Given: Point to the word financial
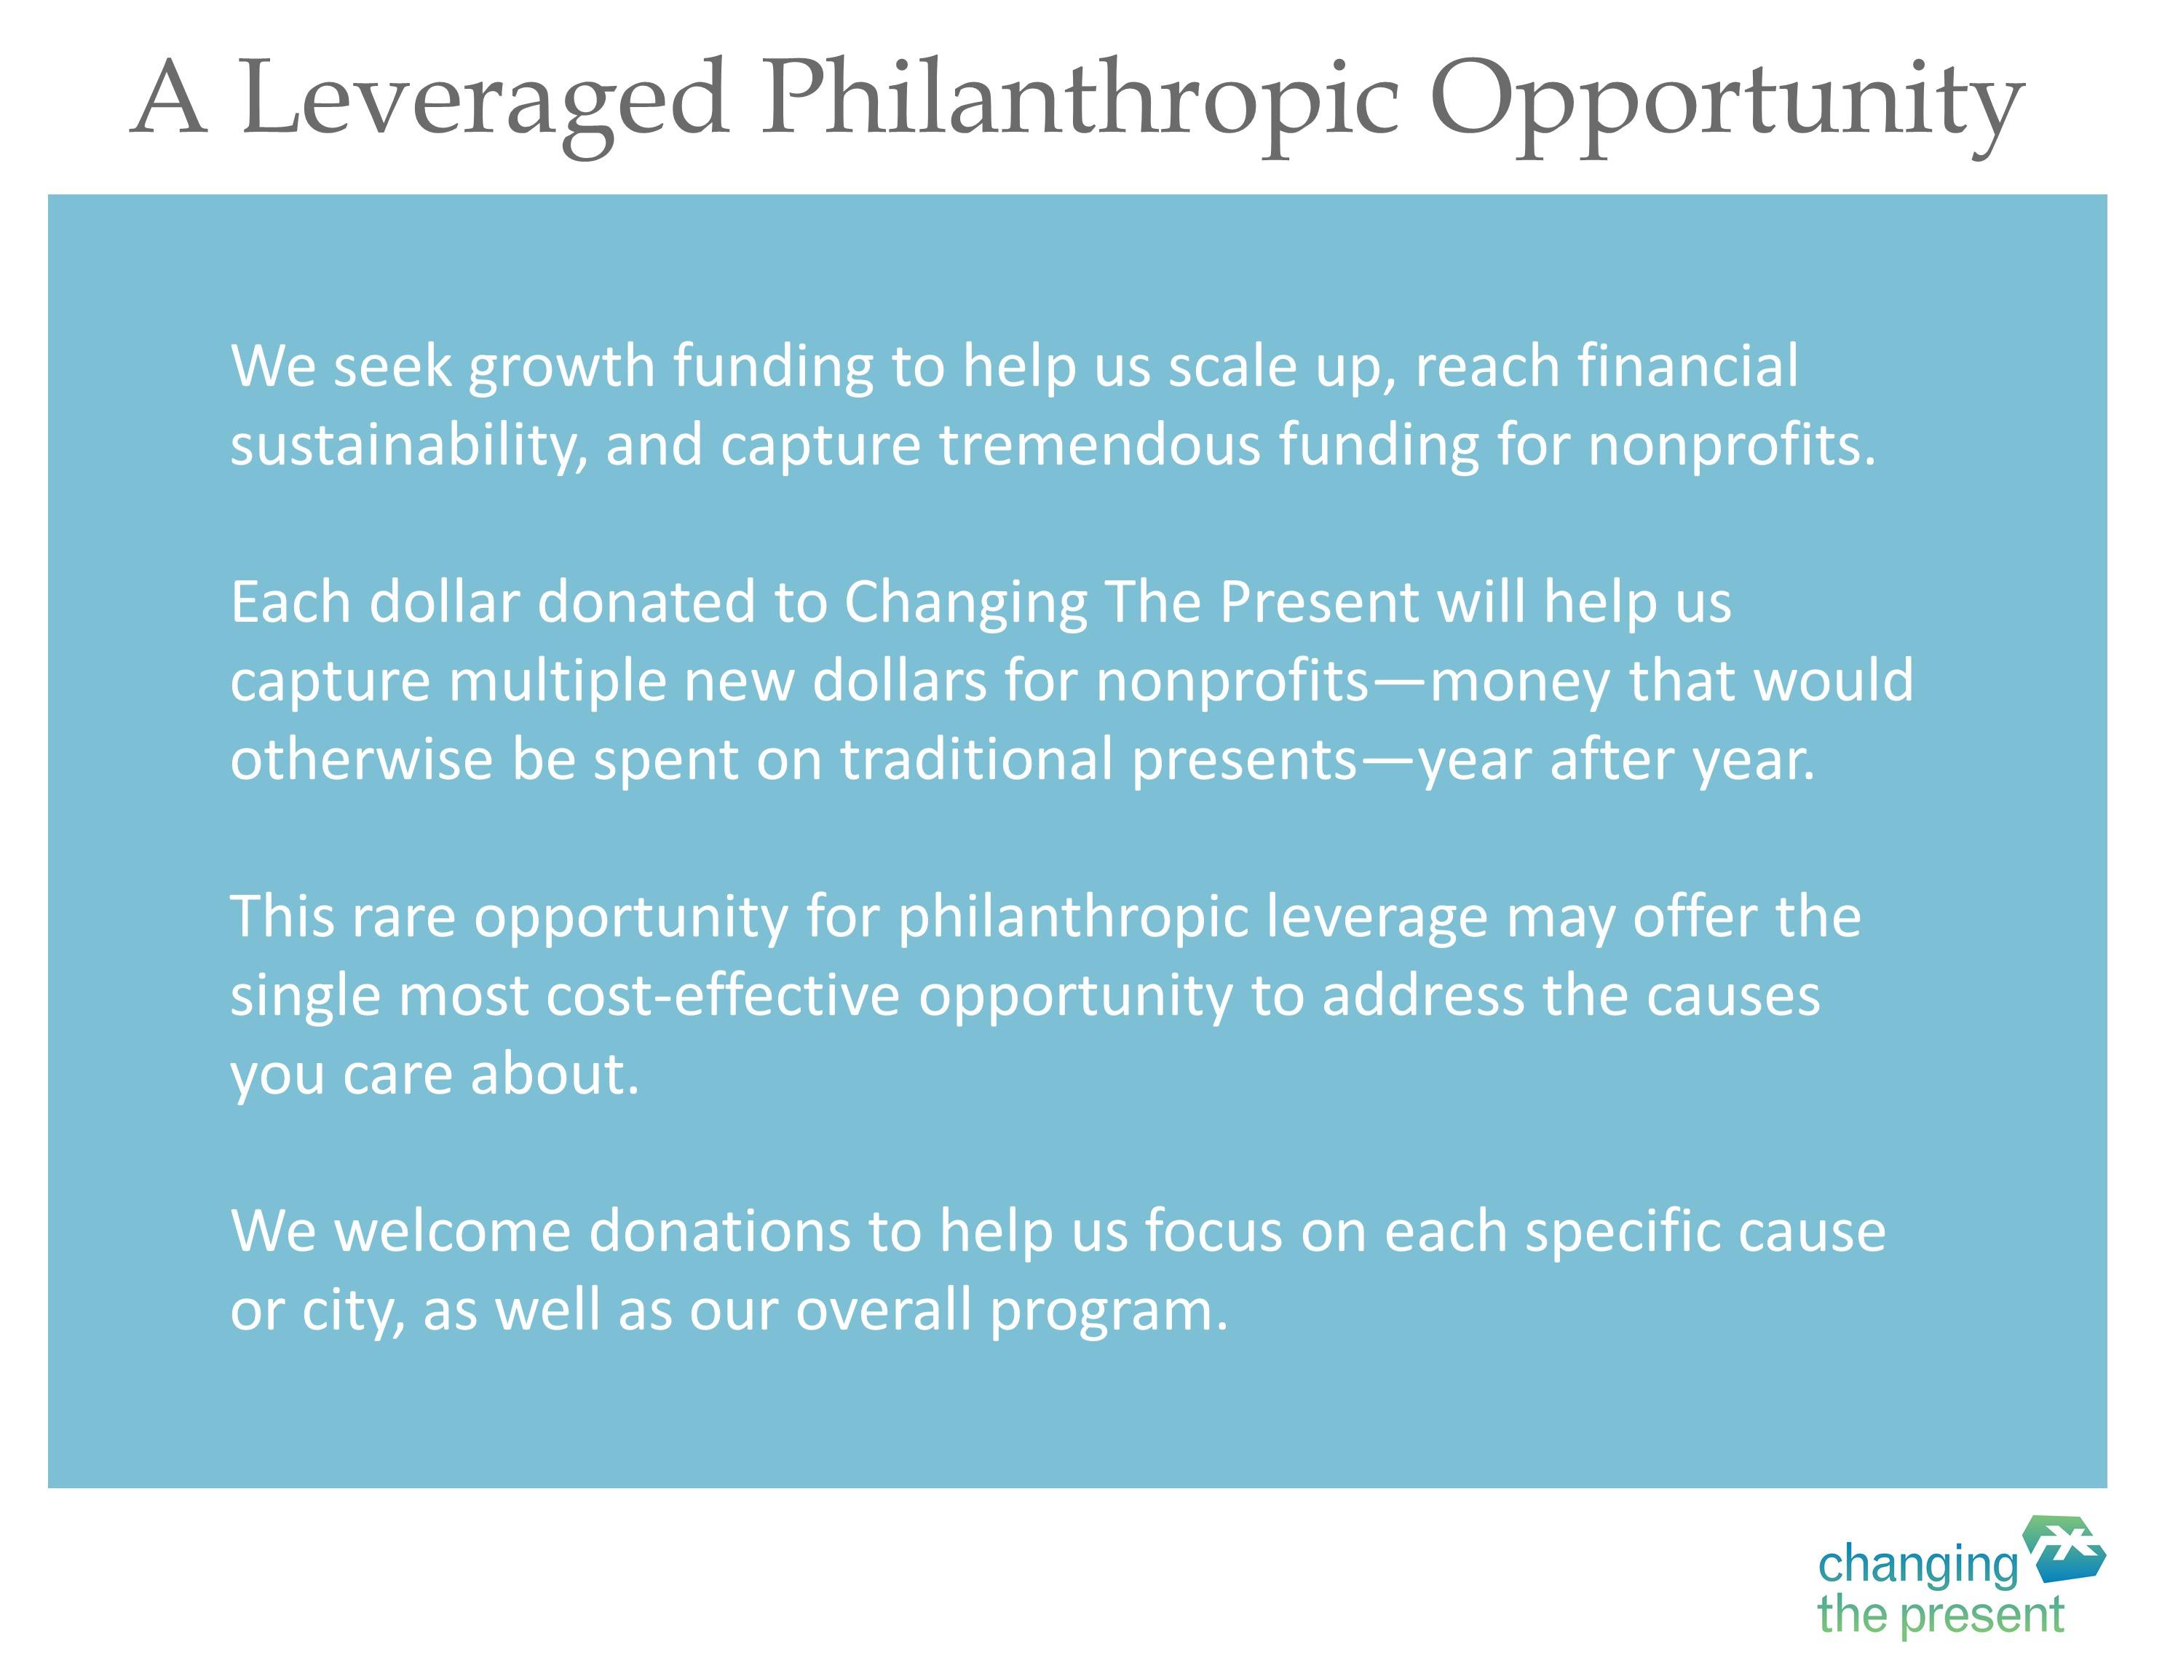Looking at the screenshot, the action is (1688, 366).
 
